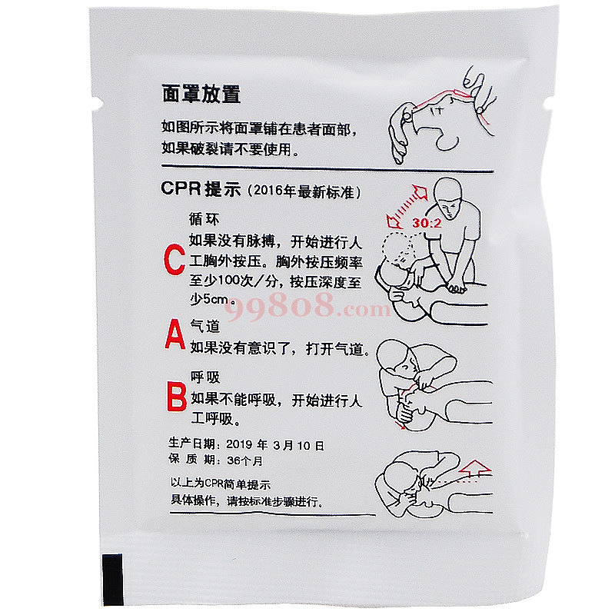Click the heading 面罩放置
201,94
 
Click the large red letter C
175,259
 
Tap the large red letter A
175,334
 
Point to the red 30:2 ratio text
427,223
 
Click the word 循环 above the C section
204,219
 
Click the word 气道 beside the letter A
204,325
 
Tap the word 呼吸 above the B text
205,377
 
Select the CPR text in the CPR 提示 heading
181,188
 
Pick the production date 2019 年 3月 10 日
275,445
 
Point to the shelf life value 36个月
244,460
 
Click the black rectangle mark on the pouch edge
113,580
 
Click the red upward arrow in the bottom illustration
475,468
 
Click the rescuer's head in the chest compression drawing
448,198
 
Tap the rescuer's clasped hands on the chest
457,288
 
